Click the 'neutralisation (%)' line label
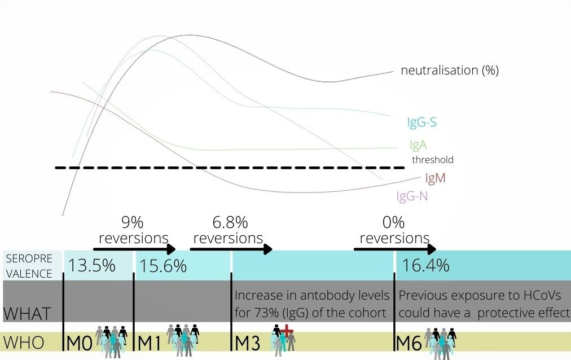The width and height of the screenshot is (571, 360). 450,71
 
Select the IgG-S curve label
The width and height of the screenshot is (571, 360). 421,122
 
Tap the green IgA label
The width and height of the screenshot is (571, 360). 418,145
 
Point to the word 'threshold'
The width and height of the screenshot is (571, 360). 432,160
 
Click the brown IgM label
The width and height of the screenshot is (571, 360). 435,178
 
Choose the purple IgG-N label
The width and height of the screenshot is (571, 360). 416,196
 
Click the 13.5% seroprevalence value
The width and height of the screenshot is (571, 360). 92,265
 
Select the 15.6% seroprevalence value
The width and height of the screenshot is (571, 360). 163,265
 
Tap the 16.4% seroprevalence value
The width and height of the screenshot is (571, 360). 426,265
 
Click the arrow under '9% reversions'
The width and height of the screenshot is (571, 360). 134,249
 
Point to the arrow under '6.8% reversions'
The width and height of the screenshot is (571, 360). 231,249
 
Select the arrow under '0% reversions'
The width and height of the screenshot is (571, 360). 395,249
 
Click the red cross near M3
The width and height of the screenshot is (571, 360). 287,332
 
